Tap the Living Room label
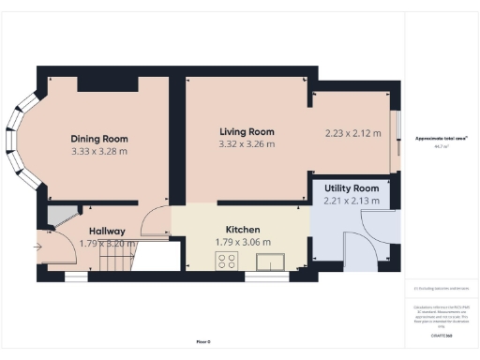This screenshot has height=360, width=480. click(247, 131)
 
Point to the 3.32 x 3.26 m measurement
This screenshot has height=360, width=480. click(247, 144)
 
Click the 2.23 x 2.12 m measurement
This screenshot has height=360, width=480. click(352, 133)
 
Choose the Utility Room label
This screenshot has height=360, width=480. click(352, 187)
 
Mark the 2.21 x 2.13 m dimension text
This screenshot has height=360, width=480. click(352, 200)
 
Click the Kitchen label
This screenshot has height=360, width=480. click(242, 230)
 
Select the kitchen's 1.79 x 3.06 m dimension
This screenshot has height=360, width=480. click(242, 243)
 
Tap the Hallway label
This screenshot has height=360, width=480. click(107, 232)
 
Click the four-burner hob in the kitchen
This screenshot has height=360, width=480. click(228, 263)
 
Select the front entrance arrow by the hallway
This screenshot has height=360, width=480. click(37, 247)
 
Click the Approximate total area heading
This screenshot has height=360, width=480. click(441, 139)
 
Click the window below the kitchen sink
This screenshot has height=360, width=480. click(259, 277)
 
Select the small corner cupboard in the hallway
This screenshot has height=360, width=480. click(59, 216)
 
